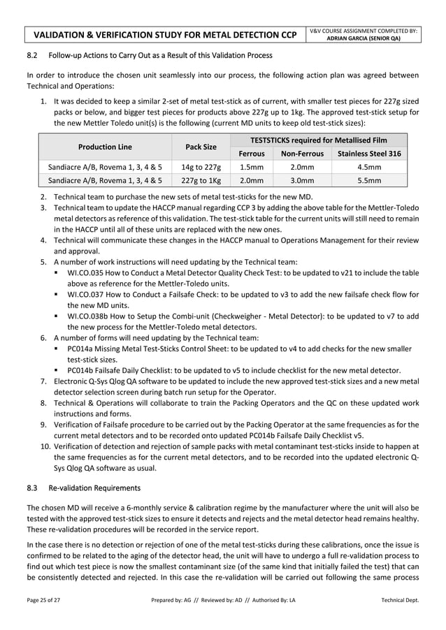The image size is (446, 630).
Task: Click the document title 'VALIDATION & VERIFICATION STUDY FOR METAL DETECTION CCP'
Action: [165, 34]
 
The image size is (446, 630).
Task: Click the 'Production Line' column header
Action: [106, 147]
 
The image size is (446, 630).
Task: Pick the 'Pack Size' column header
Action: [201, 147]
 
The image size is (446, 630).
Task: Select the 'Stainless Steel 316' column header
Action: [368, 154]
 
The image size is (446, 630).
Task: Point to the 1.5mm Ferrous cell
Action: [252, 167]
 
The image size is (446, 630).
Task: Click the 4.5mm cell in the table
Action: [368, 167]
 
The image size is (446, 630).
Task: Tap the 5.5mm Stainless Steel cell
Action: [368, 180]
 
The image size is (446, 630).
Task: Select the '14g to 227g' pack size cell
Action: [201, 167]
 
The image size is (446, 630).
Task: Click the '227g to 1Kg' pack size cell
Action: [201, 180]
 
